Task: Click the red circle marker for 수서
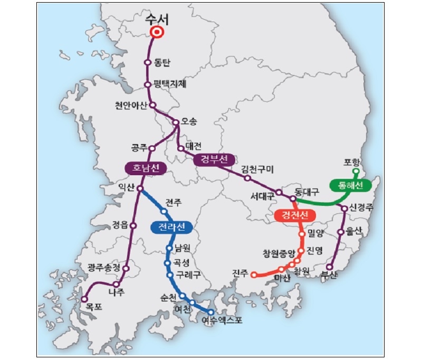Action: coord(156,33)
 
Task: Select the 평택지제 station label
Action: coord(170,84)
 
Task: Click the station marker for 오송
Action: coord(176,122)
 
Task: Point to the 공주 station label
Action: coord(138,147)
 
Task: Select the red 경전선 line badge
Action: coord(295,215)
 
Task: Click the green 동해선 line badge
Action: coord(349,185)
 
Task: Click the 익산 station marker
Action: coord(140,188)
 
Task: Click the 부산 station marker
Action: coord(330,267)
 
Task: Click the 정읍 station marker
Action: coord(133,225)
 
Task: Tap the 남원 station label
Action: coord(182,247)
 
